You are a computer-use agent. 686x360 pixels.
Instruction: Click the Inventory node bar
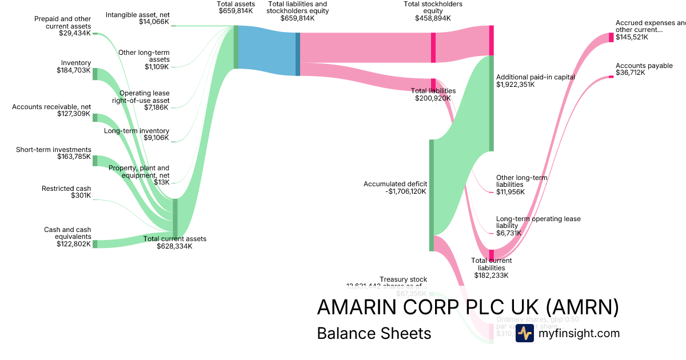coord(95,74)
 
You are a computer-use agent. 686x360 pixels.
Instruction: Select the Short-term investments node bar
coord(95,161)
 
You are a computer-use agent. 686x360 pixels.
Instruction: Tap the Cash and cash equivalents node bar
coord(95,244)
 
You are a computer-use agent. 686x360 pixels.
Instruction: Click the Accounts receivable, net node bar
coord(95,118)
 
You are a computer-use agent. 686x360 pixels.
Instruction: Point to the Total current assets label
coord(175,239)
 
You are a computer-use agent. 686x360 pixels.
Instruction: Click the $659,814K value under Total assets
coord(236,10)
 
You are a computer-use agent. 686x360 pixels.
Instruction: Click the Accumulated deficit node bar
coord(432,195)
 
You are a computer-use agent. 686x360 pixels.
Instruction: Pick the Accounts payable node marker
coord(611,77)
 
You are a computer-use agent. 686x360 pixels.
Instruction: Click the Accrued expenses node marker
coord(611,37)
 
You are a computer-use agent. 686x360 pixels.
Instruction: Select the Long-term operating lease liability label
coord(538,222)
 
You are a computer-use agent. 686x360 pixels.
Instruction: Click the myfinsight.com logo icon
coord(524,333)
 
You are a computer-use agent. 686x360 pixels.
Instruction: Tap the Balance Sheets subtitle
coord(374,333)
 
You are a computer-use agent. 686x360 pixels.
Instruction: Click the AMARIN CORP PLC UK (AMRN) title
coord(468,307)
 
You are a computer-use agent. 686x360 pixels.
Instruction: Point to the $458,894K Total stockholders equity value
coord(433,18)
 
